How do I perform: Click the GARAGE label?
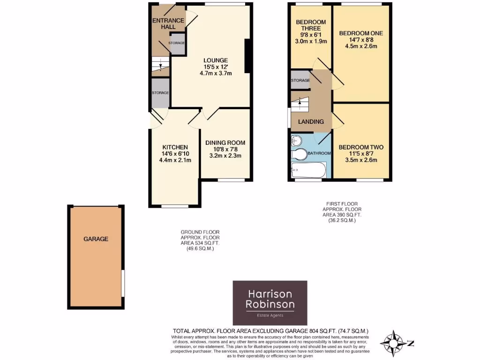pyautogui.click(x=96, y=239)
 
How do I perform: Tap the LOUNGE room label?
pyautogui.click(x=215, y=60)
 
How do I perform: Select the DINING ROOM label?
pyautogui.click(x=225, y=142)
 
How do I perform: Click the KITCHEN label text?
pyautogui.click(x=175, y=147)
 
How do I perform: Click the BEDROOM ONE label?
pyautogui.click(x=361, y=33)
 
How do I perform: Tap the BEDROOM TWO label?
pyautogui.click(x=361, y=147)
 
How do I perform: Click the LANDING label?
pyautogui.click(x=311, y=121)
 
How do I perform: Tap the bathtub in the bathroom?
pyautogui.click(x=308, y=169)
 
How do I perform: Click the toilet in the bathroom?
pyautogui.click(x=298, y=154)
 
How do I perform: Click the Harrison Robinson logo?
pyautogui.click(x=270, y=303)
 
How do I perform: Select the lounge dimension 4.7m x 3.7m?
pyautogui.click(x=215, y=74)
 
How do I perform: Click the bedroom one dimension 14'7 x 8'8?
pyautogui.click(x=361, y=40)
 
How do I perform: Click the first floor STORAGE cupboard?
pyautogui.click(x=300, y=80)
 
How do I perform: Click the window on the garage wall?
pyautogui.click(x=123, y=283)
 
